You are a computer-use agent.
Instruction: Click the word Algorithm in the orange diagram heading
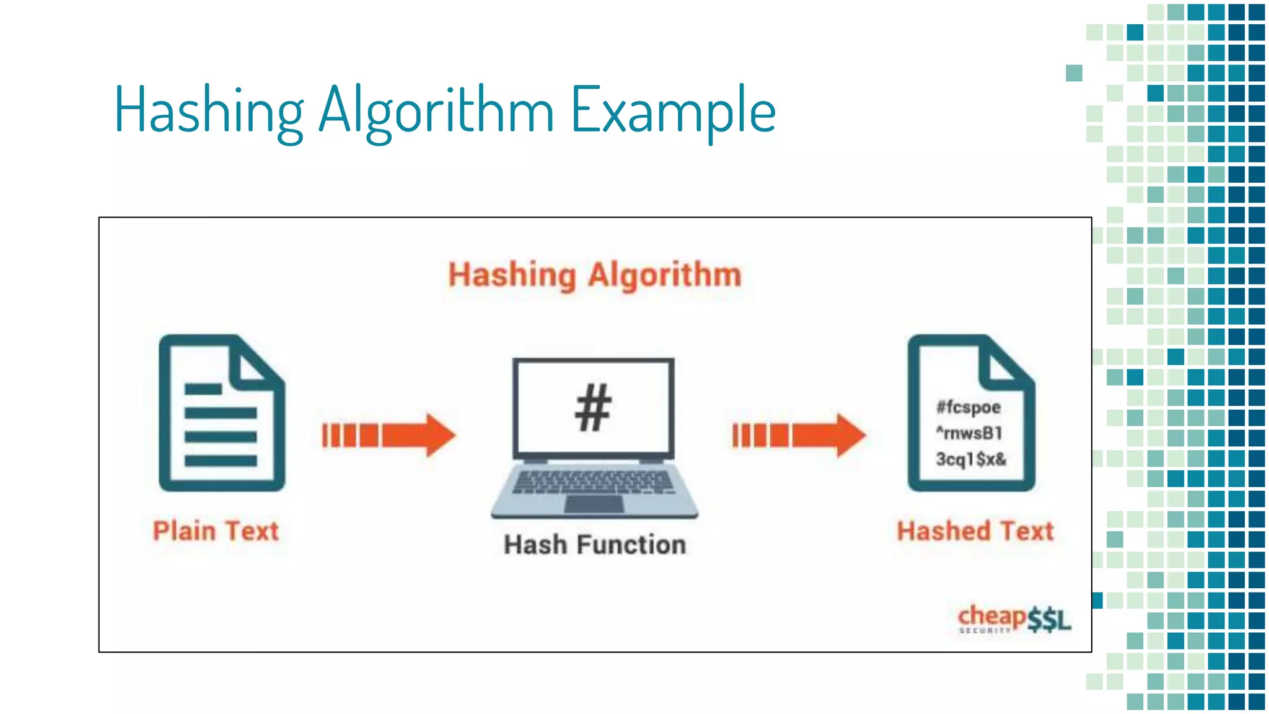[x=664, y=275]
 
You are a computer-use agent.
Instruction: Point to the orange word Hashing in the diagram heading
[x=512, y=275]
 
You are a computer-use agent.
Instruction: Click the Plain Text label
[x=216, y=531]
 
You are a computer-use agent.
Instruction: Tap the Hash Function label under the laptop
[x=594, y=545]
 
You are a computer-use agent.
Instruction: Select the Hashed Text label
[x=975, y=531]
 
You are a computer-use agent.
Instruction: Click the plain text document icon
[x=221, y=413]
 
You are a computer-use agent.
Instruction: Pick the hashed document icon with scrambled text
[x=970, y=413]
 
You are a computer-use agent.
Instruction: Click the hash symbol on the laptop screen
[x=593, y=407]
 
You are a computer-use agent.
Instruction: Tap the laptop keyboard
[x=593, y=482]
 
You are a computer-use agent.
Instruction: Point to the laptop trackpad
[x=594, y=504]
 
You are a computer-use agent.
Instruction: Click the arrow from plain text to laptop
[x=389, y=435]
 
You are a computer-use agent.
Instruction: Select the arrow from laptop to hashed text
[x=799, y=435]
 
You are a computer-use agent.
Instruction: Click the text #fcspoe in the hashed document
[x=968, y=407]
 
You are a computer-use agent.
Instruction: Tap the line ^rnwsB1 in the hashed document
[x=969, y=433]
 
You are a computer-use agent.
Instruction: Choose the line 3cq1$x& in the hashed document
[x=971, y=459]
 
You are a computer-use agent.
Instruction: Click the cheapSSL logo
[x=1014, y=619]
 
